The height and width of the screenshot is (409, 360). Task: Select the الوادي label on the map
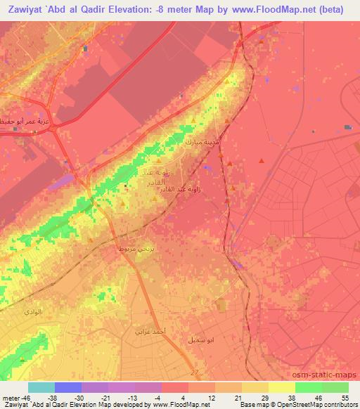[33, 311]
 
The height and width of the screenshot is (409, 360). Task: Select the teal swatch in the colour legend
[41, 387]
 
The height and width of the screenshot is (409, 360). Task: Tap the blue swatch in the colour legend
[68, 387]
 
